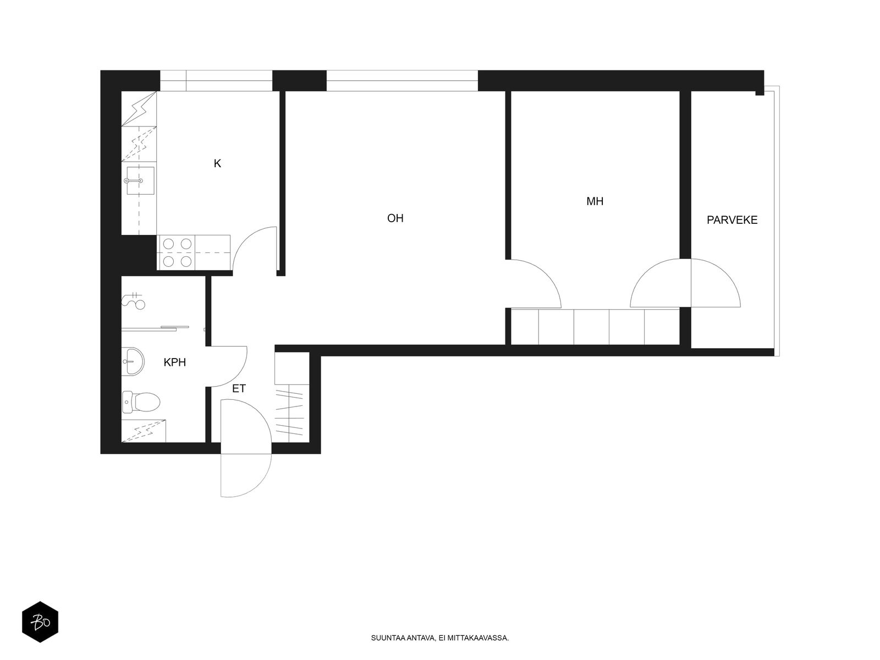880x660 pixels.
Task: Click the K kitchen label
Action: click(x=217, y=163)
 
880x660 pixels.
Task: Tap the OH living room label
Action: click(x=395, y=218)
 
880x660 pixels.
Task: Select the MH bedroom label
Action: click(x=595, y=201)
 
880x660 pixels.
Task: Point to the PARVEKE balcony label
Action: click(x=732, y=220)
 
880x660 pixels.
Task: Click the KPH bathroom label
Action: click(x=175, y=362)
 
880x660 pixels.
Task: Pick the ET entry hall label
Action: click(x=239, y=388)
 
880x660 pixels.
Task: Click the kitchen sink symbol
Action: click(x=140, y=180)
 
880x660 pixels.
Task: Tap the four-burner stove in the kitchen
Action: click(x=177, y=252)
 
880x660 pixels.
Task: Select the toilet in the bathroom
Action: click(x=141, y=402)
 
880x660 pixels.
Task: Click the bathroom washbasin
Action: click(x=133, y=361)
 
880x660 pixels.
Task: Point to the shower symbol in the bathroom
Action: click(x=134, y=300)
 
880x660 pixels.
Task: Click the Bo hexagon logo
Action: click(x=40, y=622)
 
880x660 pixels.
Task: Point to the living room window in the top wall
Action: click(x=402, y=80)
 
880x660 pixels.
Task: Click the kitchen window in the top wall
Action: click(x=216, y=80)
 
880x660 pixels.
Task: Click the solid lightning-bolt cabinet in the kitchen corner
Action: click(x=139, y=108)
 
